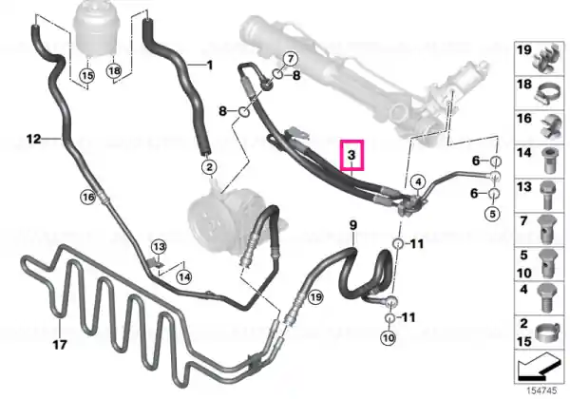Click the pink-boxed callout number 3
pos(351,155)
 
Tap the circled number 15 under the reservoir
pos(86,76)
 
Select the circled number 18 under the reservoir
pos(114,70)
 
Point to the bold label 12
pos(34,139)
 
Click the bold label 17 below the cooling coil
pos(61,344)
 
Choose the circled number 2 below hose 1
pos(209,167)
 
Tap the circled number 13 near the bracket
pos(159,247)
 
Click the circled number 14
pos(184,277)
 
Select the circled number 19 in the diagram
pos(315,297)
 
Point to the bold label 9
pos(353,225)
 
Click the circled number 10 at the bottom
pos(389,338)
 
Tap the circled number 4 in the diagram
pos(418,181)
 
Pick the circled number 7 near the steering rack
pos(290,59)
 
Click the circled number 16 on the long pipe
pos(88,198)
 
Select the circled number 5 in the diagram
pos(492,214)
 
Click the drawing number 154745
pos(541,391)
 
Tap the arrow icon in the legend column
pos(539,366)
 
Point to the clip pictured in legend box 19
pos(547,58)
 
